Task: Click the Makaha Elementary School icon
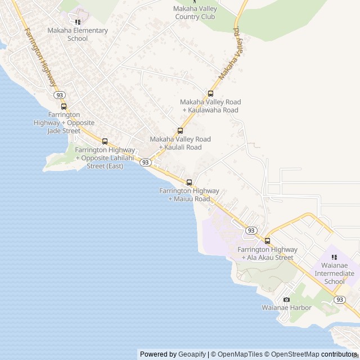pyautogui.click(x=78, y=22)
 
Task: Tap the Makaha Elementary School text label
pyautogui.click(x=78, y=34)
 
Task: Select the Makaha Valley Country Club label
pyautogui.click(x=195, y=13)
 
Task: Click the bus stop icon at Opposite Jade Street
pyautogui.click(x=64, y=106)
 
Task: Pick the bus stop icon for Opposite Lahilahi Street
pyautogui.click(x=105, y=141)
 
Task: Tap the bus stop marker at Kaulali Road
pyautogui.click(x=180, y=131)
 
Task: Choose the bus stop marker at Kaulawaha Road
pyautogui.click(x=210, y=93)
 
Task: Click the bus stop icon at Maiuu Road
pyautogui.click(x=189, y=182)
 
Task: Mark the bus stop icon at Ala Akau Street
pyautogui.click(x=267, y=241)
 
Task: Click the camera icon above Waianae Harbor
pyautogui.click(x=286, y=299)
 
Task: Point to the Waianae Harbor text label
pyautogui.click(x=286, y=308)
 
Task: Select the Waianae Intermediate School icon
pyautogui.click(x=334, y=257)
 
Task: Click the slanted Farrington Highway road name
pyautogui.click(x=41, y=56)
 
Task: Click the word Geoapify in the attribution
pyautogui.click(x=192, y=354)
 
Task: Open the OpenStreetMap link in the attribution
pyautogui.click(x=295, y=354)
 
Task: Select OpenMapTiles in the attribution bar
pyautogui.click(x=240, y=354)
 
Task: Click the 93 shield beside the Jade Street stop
pyautogui.click(x=60, y=95)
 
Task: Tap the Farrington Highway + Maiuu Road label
pyautogui.click(x=189, y=195)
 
